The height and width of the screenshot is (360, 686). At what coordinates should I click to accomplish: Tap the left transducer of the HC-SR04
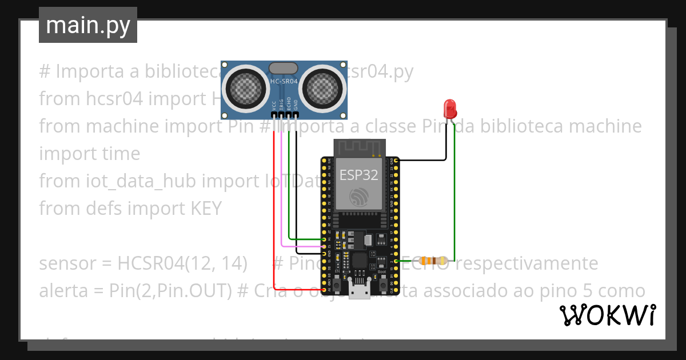[246, 86]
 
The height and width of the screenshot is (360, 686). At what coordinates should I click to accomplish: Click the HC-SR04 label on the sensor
[284, 82]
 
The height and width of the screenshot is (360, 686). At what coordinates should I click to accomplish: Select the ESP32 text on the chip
[359, 175]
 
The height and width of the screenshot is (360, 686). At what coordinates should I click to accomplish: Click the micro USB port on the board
[359, 292]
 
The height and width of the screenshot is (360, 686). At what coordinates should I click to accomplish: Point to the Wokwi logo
[607, 315]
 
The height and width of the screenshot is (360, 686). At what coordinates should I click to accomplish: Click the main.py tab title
[88, 25]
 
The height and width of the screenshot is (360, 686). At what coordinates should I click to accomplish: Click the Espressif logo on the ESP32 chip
[359, 197]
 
